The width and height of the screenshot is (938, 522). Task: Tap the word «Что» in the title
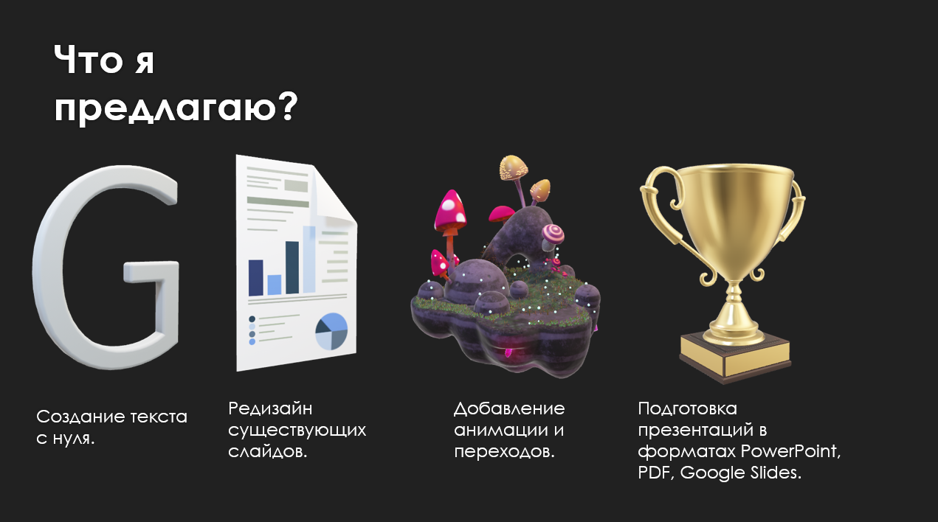coord(88,60)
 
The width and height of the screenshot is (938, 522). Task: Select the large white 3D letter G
coord(106,268)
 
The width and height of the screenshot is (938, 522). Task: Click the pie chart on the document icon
coord(331,331)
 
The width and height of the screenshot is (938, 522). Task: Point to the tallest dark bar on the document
coord(292,268)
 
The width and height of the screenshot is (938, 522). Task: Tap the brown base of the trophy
coord(735,358)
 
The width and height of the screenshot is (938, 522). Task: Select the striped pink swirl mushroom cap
coord(554,234)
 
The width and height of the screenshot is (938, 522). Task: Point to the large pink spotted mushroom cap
coord(450,209)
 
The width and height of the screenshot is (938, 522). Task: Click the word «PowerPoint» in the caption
coord(790,451)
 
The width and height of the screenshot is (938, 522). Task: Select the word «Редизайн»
coord(270,408)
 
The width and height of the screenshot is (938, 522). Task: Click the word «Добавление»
coord(509,408)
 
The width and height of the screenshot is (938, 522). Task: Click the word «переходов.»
coord(504,452)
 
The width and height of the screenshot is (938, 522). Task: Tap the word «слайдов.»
coord(268,452)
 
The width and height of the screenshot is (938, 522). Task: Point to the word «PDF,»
coord(656,473)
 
